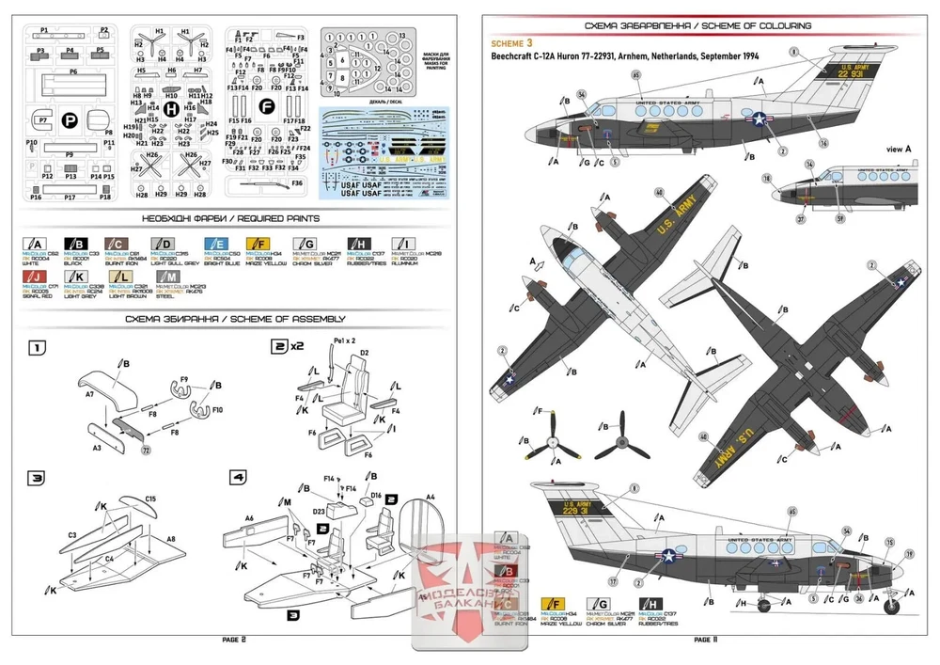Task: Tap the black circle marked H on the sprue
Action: [170, 109]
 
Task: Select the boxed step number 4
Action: [239, 478]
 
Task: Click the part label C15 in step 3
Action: [150, 498]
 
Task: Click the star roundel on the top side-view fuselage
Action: [758, 119]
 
